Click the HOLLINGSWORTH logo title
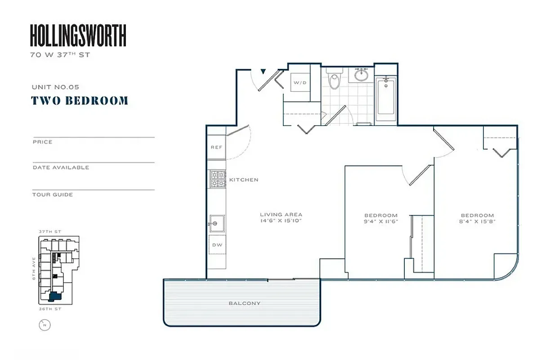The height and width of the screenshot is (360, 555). (x=78, y=36)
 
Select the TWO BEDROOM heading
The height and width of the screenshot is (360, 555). (x=80, y=100)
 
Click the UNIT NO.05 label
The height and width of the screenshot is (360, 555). (x=55, y=87)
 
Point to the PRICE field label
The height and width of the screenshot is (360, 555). (x=42, y=142)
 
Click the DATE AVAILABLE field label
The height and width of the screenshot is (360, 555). (x=61, y=167)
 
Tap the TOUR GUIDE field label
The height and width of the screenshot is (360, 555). (x=53, y=195)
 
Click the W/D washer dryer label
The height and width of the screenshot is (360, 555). (x=300, y=83)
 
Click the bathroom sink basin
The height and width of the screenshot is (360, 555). (x=362, y=75)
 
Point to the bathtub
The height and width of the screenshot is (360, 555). (x=386, y=97)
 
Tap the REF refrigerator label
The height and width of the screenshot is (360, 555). (x=217, y=148)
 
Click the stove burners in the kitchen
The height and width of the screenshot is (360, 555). (x=217, y=179)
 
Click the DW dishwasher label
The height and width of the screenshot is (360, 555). (x=217, y=245)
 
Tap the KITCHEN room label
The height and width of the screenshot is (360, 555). (x=244, y=180)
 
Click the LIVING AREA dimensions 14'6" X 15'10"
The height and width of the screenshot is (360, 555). (x=281, y=221)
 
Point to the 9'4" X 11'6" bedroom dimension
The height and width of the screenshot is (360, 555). (x=381, y=221)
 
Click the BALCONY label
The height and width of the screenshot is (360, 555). (x=244, y=303)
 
